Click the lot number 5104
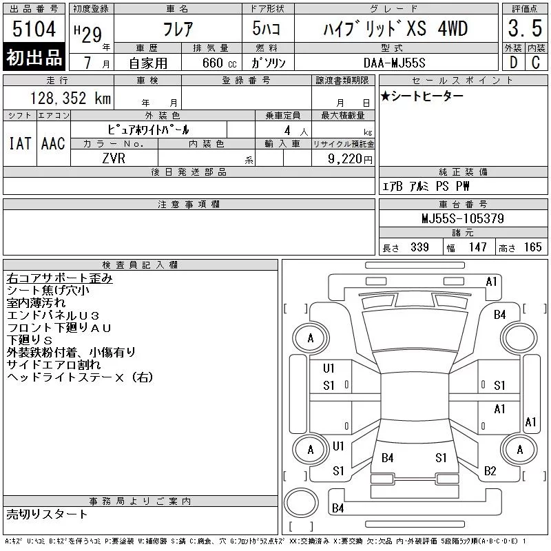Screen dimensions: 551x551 [x=34, y=29]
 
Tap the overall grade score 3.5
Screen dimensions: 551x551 [x=525, y=28]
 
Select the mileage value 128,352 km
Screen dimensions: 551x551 [x=70, y=98]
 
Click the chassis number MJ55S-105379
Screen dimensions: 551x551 [x=463, y=218]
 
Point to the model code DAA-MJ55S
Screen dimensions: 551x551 [x=394, y=63]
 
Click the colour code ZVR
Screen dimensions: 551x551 [x=114, y=158]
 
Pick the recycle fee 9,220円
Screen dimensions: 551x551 [x=350, y=159]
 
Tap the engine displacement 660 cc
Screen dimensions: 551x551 [x=219, y=63]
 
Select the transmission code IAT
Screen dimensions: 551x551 [x=20, y=143]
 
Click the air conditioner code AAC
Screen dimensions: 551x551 [x=53, y=143]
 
